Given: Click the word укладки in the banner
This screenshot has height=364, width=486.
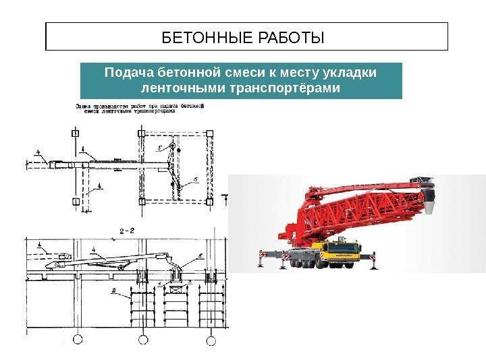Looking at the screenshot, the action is pos(352,73).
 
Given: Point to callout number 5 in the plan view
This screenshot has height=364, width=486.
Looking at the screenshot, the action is pos(159,146).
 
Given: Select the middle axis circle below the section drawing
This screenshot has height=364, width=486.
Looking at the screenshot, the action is pos(143,338).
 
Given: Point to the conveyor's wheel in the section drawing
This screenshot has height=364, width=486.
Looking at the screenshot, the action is pos(121,268).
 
